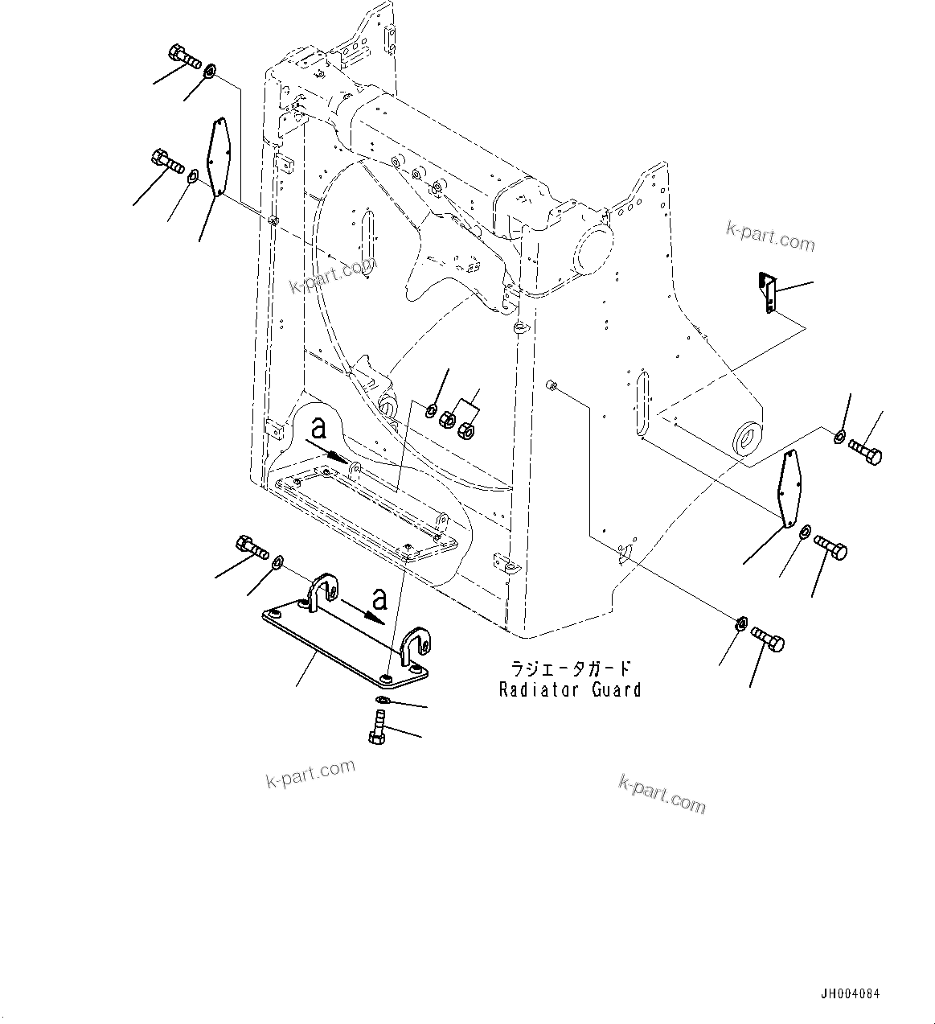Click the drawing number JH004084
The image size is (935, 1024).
(x=850, y=994)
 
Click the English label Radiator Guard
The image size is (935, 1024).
(x=570, y=689)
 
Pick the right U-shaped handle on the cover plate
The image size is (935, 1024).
(x=416, y=645)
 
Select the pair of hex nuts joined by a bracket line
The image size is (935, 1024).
(x=456, y=425)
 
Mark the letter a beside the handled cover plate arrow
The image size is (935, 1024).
(x=379, y=598)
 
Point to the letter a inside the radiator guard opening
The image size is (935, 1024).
(x=319, y=426)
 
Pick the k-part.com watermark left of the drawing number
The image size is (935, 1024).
(x=662, y=794)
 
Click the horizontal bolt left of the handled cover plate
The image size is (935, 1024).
(x=252, y=548)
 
